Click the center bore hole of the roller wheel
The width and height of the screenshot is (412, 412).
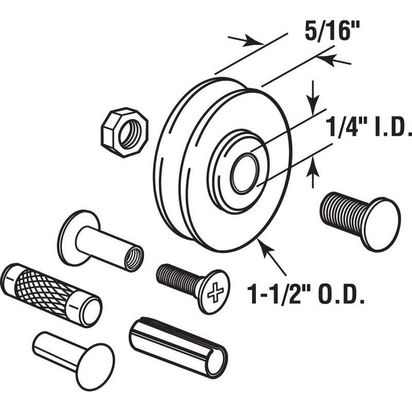pyautogui.click(x=244, y=174)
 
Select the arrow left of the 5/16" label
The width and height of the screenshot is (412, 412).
pyautogui.click(x=246, y=41)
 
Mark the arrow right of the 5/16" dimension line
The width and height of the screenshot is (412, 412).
pyautogui.click(x=330, y=61)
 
